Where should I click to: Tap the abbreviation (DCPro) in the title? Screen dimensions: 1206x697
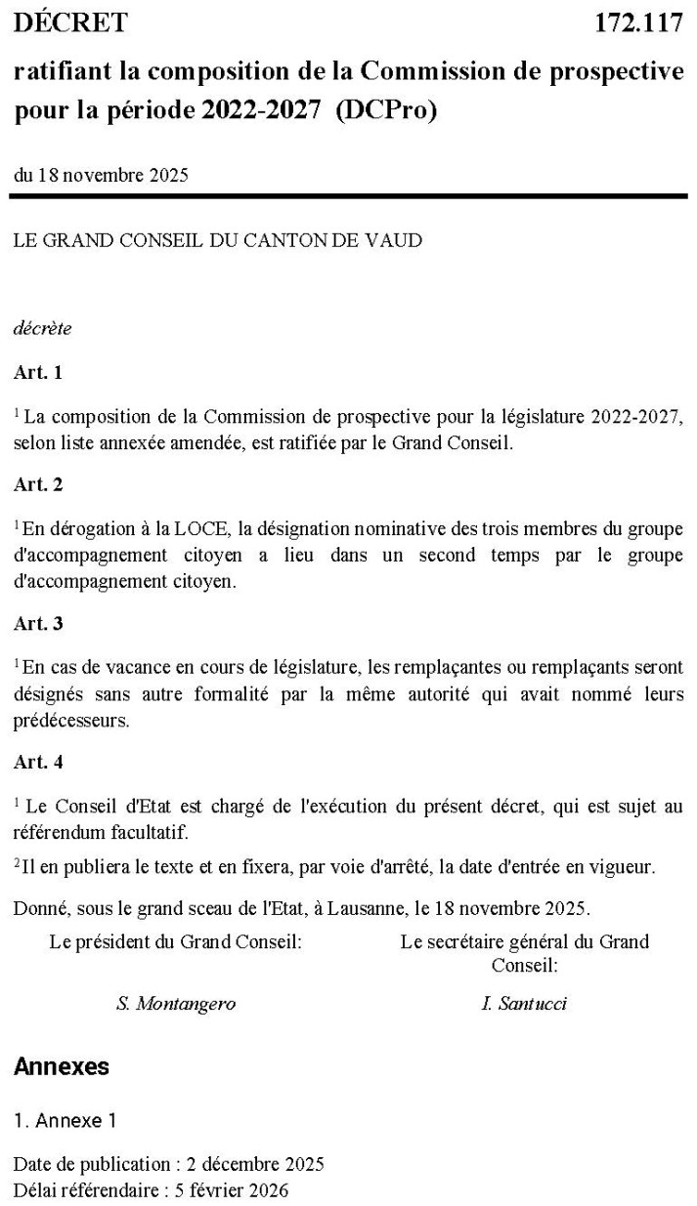[386, 111]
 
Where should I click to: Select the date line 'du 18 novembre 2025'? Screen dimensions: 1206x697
[101, 176]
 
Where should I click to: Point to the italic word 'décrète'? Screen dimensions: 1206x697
[42, 328]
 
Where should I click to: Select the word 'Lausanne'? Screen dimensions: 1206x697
[367, 909]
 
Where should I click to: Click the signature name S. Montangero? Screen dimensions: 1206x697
[176, 1004]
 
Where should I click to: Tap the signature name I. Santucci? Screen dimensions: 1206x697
[524, 1004]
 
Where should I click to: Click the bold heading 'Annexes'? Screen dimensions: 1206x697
[62, 1067]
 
